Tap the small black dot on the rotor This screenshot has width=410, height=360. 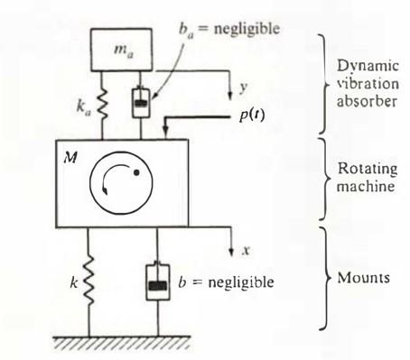tap(136, 172)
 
